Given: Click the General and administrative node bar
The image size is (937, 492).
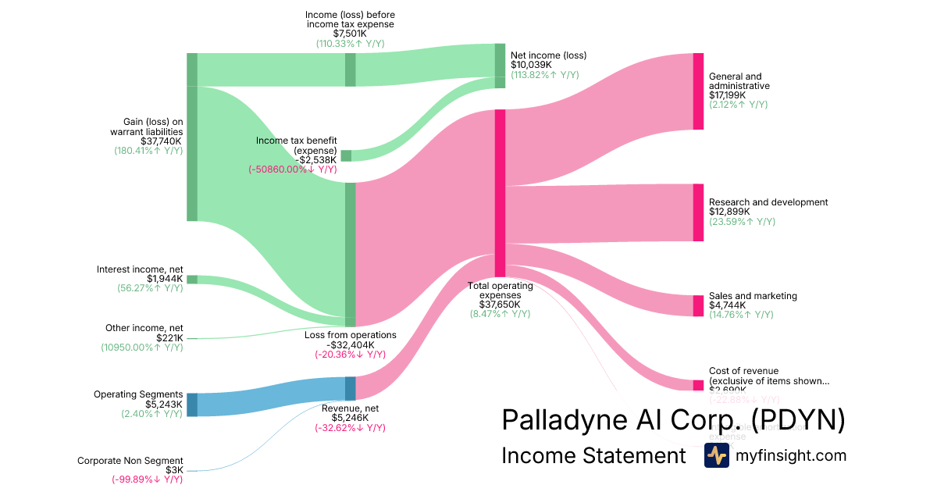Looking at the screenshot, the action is pos(698,91).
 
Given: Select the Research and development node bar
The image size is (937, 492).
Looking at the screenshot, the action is pos(698,212).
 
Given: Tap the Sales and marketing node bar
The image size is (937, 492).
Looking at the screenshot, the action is pos(698,305).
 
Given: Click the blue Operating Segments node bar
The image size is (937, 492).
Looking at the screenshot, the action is pos(191,405).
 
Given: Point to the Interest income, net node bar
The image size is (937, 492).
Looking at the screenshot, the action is pos(191,280).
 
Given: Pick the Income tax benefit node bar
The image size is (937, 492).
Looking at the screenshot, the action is pos(346,155).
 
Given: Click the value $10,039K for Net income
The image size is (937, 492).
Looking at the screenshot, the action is pos(531,65).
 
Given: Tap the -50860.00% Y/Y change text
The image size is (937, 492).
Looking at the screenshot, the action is pos(293,169).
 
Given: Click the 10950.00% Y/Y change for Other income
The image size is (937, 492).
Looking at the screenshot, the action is pos(142,347).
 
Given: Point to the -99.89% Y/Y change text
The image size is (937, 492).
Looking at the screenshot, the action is pos(147,480).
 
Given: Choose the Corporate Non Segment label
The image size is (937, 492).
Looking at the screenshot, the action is pos(130,461).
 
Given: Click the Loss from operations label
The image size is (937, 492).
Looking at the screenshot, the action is pos(350,335).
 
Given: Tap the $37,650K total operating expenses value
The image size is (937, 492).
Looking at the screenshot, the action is pos(500,305).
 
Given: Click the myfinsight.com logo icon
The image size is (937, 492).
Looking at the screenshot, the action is pos(716,455).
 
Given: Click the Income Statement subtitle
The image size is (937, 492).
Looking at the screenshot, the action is pos(593,455).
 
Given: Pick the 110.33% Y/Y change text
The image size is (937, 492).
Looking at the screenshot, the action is pos(350,44).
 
